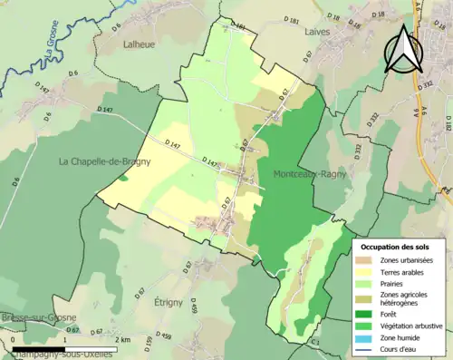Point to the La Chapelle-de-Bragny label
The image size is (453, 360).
tap(103, 161)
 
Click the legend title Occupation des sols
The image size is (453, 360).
tap(395, 247)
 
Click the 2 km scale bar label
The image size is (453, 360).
tap(124, 340)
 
